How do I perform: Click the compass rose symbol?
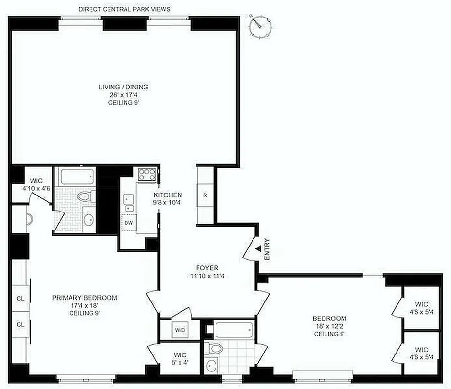(x=259, y=26)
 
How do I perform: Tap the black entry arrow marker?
(x=258, y=248)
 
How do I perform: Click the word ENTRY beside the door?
(x=267, y=251)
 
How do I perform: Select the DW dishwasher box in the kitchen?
(x=129, y=222)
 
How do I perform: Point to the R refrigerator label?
(x=205, y=195)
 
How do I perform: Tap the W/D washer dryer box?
(x=180, y=330)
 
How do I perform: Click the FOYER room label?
(x=207, y=268)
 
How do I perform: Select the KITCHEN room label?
(x=166, y=195)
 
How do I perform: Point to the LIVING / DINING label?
(x=124, y=87)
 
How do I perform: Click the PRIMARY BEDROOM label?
(x=85, y=298)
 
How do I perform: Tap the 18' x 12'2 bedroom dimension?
(x=329, y=327)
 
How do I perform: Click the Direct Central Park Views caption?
(x=125, y=9)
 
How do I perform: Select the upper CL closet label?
(x=20, y=298)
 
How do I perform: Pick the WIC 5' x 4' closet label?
(x=174, y=358)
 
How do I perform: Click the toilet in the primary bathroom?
(x=86, y=197)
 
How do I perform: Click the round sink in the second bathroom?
(x=213, y=365)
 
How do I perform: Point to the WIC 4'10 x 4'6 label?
(x=37, y=184)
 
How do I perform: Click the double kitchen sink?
(x=129, y=203)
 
